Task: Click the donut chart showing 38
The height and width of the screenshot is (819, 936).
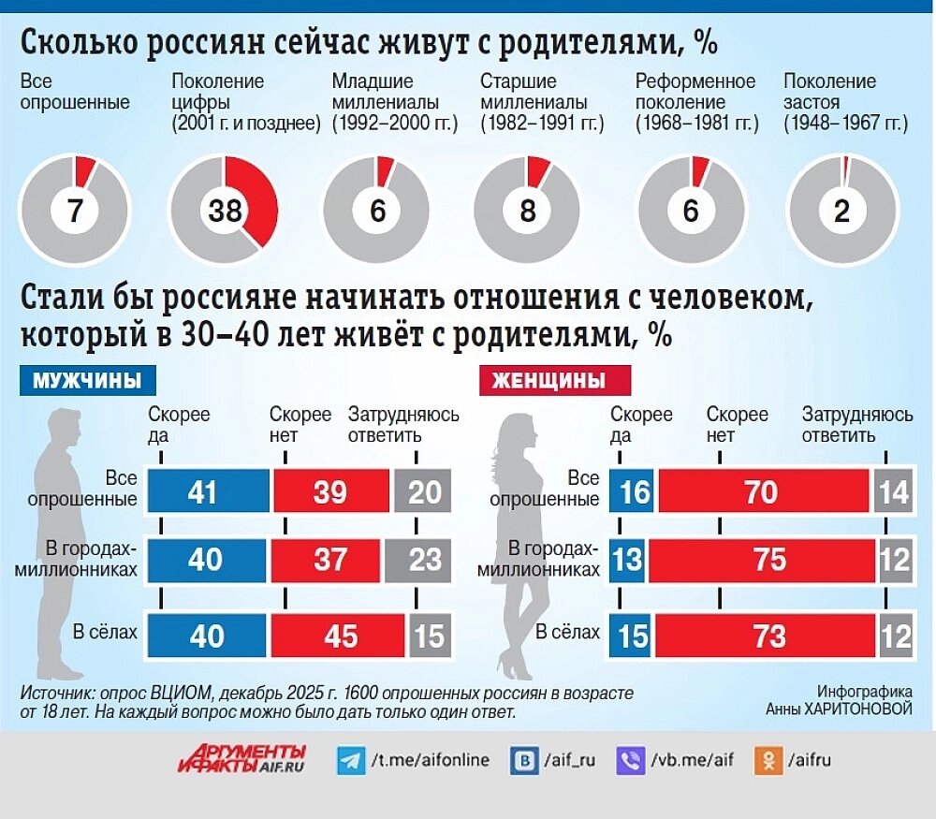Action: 225,211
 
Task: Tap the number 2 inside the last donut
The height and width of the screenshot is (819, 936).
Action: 841,212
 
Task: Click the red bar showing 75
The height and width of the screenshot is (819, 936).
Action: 761,560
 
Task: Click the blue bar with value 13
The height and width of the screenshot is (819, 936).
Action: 627,560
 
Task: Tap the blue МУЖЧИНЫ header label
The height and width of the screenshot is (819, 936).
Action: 88,381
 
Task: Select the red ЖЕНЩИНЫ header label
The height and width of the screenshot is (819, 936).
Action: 555,381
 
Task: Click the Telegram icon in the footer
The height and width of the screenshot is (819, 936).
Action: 350,760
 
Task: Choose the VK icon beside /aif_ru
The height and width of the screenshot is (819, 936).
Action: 523,760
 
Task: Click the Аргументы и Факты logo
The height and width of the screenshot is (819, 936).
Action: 241,759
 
